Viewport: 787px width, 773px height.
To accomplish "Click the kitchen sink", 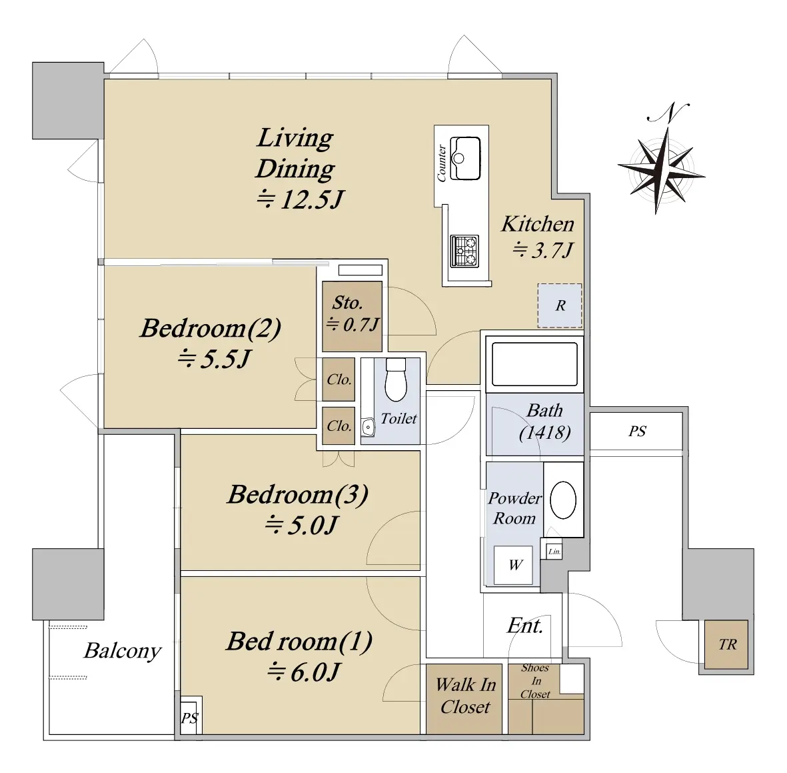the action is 465,158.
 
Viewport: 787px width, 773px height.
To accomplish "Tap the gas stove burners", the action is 464,251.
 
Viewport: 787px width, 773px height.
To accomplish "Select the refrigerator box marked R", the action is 560,305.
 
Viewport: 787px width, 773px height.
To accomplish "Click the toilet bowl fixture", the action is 396,379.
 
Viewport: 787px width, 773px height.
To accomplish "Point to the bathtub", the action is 534,364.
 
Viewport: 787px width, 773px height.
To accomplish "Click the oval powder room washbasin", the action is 563,500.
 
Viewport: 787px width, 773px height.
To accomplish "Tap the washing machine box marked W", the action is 513,565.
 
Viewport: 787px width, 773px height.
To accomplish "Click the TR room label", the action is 727,644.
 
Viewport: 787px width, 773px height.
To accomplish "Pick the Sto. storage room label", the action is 347,303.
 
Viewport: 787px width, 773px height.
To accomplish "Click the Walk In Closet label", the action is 466,696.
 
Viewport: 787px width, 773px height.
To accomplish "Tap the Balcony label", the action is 123,651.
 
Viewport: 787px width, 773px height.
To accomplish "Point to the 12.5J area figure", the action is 301,199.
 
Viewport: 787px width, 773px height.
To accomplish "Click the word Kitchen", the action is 538,224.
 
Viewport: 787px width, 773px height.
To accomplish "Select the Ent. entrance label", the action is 525,626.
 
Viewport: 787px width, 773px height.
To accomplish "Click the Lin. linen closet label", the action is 554,552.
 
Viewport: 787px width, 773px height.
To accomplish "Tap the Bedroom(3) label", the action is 298,494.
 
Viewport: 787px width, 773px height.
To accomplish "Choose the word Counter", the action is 442,163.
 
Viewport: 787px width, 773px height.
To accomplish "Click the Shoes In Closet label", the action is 535,681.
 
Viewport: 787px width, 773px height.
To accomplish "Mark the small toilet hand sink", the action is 369,428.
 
